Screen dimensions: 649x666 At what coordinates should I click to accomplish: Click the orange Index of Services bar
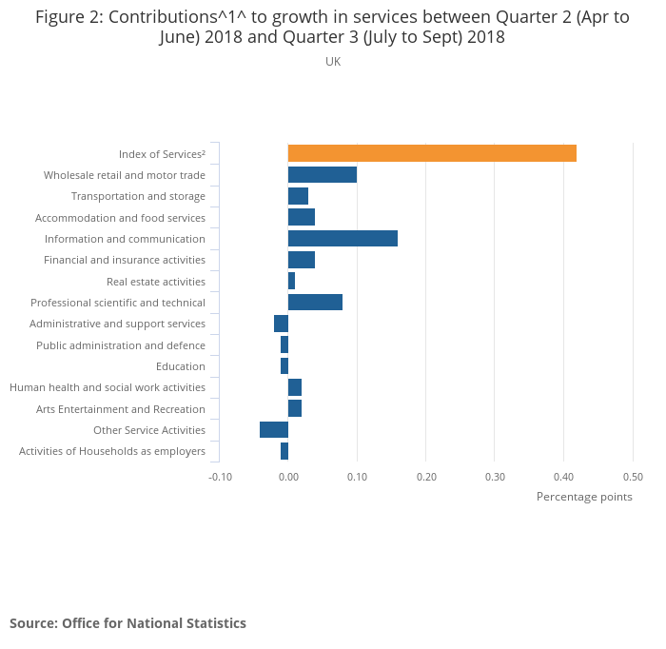[432, 153]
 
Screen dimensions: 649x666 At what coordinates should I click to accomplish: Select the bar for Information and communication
[343, 239]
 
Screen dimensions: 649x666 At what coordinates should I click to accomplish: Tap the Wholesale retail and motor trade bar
[323, 174]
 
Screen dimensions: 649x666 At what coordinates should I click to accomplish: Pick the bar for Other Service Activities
[274, 430]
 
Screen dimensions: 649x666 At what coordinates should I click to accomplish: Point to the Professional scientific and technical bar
[315, 303]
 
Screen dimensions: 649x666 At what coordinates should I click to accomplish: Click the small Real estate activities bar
[292, 281]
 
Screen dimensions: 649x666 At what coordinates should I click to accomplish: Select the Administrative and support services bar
[281, 324]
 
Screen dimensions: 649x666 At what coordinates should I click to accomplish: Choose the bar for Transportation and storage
[298, 196]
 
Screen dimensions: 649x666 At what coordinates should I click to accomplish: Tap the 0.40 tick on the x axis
[563, 477]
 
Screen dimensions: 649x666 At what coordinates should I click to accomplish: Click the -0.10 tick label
[220, 477]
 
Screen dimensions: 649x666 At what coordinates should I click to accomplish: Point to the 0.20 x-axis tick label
[425, 477]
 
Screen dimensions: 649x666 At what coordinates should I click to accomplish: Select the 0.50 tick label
[633, 477]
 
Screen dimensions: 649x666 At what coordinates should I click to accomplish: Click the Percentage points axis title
[584, 497]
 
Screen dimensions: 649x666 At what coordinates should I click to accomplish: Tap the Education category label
[181, 366]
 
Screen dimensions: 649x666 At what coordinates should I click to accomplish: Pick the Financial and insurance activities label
[125, 260]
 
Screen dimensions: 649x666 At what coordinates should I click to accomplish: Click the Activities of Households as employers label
[112, 451]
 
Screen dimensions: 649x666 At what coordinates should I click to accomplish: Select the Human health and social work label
[108, 387]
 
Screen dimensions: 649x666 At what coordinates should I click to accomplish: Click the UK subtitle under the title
[333, 62]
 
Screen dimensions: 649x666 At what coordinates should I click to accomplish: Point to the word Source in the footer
[32, 623]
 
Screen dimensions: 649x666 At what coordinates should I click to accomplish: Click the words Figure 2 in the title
[67, 17]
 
